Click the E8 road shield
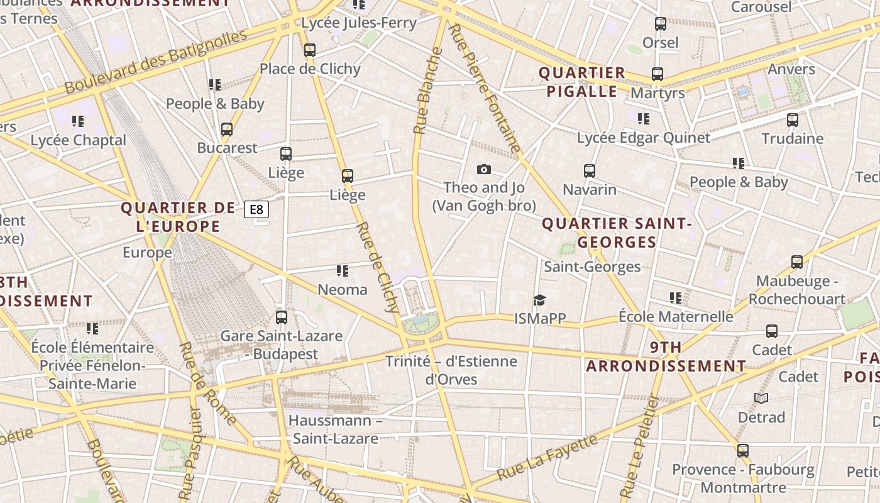(256, 209)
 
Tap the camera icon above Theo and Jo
(483, 169)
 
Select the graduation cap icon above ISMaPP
(539, 300)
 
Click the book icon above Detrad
(761, 398)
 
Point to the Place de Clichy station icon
(309, 50)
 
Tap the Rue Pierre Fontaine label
(485, 88)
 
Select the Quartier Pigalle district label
(582, 82)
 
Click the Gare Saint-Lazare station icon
(282, 318)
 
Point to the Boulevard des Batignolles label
(156, 62)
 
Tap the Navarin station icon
(589, 170)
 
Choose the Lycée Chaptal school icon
(78, 121)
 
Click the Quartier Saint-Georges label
(616, 233)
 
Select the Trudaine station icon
(792, 119)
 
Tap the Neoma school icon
(343, 271)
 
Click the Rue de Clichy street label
(377, 267)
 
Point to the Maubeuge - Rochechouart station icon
(796, 262)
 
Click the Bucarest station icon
(227, 130)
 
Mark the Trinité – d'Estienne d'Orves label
(451, 370)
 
